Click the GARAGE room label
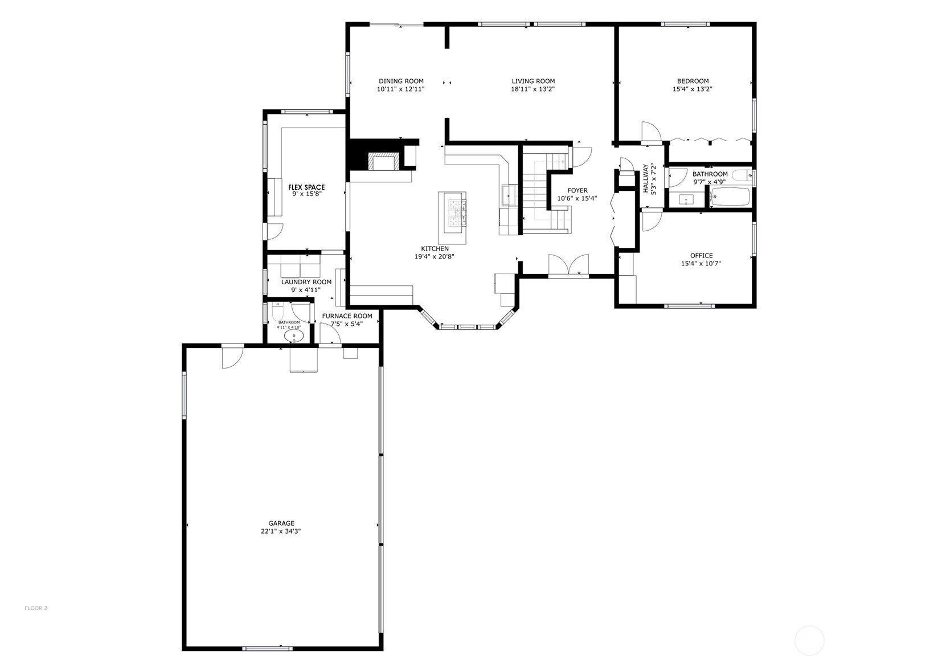281,523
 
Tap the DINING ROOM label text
401,81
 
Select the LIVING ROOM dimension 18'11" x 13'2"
533,89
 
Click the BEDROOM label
693,81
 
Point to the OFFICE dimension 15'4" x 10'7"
701,264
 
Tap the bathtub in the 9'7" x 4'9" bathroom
731,197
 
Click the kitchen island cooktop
456,213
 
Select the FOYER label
577,191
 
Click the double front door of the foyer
568,267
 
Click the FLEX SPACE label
306,187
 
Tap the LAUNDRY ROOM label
306,282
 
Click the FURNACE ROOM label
347,316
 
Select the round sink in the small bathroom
294,336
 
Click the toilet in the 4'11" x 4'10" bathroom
278,313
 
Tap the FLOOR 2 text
36,608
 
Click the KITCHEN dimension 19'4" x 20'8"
434,257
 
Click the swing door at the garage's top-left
232,357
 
